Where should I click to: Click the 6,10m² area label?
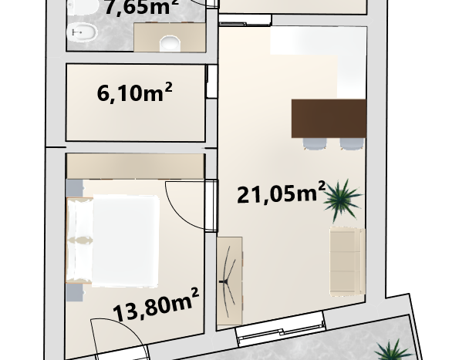(x=134, y=93)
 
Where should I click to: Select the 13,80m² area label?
(x=156, y=304)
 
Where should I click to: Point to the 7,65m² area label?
(x=142, y=7)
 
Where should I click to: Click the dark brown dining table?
(x=329, y=119)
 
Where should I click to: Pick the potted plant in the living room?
(x=342, y=200)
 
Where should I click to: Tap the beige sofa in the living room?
(x=348, y=262)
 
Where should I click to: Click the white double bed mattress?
(x=126, y=241)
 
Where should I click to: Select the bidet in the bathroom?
(x=82, y=32)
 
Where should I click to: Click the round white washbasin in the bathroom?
(x=170, y=44)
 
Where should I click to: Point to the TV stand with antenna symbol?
(x=229, y=281)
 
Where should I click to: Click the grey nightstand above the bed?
(x=74, y=188)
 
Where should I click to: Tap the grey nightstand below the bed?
(x=74, y=292)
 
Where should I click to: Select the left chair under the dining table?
(x=315, y=143)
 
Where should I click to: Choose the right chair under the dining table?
(x=352, y=143)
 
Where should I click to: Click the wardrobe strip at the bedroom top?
(x=135, y=167)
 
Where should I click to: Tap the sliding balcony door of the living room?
(x=281, y=328)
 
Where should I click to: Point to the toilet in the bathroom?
(x=82, y=7)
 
